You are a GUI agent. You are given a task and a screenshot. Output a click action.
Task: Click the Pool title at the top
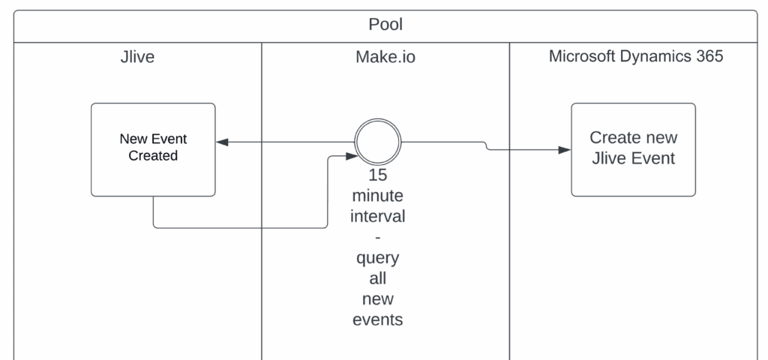coord(385,25)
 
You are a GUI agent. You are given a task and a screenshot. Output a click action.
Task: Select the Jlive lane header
coord(137,57)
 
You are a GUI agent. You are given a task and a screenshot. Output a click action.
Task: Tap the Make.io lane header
coord(385,57)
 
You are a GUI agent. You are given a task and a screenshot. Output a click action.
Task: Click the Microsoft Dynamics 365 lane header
coord(635,57)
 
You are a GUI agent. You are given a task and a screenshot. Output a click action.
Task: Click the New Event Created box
coord(153,148)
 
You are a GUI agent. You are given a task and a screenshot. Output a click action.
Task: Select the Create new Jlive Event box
coord(633,148)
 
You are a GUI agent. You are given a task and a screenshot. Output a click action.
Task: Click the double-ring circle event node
coord(377,142)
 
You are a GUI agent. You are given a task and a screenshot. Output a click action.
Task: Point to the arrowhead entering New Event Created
coord(222,142)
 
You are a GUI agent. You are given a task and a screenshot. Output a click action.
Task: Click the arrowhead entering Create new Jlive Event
coord(565,150)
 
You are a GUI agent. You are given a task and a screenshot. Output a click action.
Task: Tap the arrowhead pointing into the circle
coord(349,156)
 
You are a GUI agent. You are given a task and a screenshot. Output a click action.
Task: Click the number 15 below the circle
coord(378,177)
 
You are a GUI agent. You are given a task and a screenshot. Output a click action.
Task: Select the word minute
coord(378,197)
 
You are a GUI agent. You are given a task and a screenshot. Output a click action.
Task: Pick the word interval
coord(378,217)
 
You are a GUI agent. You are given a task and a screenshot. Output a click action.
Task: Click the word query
coord(378,259)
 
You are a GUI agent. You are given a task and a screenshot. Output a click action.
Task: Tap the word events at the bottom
coord(378,320)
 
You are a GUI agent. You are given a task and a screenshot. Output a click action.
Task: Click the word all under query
coord(378,279)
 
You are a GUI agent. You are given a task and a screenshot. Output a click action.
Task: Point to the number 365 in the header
coord(706,57)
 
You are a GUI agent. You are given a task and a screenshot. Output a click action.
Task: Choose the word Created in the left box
coord(153,156)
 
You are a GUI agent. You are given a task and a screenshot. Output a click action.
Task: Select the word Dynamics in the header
coord(655,57)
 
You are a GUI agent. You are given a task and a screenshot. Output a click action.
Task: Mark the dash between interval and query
coord(378,238)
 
